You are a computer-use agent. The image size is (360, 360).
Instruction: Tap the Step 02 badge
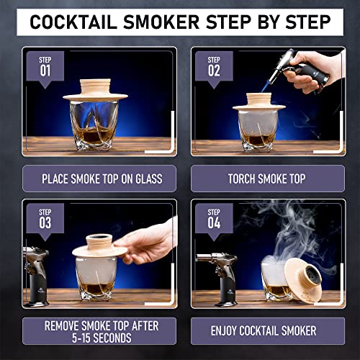click(x=214, y=68)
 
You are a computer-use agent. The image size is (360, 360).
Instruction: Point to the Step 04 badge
click(x=214, y=219)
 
